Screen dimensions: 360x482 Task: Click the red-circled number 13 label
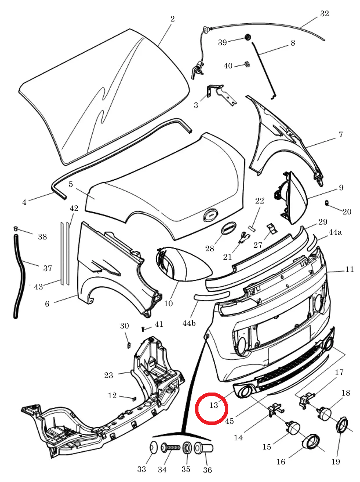(213, 405)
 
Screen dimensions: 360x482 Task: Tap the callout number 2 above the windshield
(173, 19)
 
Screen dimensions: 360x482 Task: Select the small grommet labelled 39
(247, 38)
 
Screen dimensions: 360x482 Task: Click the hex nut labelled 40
(247, 64)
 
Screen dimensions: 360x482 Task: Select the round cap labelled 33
(154, 447)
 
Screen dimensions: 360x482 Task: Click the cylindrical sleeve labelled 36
(203, 448)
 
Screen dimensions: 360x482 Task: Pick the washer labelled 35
(187, 448)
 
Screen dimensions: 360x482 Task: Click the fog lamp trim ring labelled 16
(310, 443)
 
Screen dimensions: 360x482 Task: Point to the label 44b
(189, 323)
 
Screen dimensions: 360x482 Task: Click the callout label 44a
(335, 232)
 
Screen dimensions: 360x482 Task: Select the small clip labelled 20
(327, 203)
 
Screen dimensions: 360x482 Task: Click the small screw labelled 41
(144, 329)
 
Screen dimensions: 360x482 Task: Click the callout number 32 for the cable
(324, 14)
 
